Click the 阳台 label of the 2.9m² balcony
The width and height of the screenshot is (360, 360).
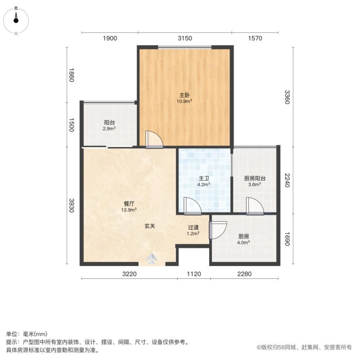[110, 122]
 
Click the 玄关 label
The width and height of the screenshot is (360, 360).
[150, 226]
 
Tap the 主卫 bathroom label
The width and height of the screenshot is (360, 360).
[204, 178]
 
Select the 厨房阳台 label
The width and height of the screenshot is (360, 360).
[255, 178]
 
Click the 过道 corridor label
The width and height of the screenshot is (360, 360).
[193, 228]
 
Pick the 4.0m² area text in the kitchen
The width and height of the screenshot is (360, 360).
[244, 243]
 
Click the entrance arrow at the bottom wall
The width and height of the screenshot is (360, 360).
[152, 259]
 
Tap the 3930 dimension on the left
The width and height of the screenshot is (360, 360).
[71, 205]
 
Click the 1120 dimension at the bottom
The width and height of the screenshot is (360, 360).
[194, 274]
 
